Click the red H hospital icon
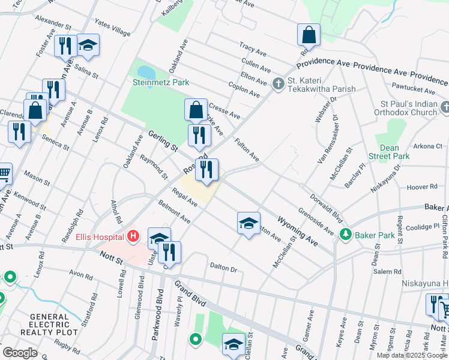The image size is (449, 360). pyautogui.click(x=133, y=236)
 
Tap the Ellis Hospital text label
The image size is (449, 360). pyautogui.click(x=99, y=236)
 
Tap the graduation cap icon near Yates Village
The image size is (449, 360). pyautogui.click(x=88, y=46)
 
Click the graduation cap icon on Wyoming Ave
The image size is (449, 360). pyautogui.click(x=249, y=223)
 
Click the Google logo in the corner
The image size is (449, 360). pyautogui.click(x=20, y=353)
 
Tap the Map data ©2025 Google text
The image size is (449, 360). pyautogui.click(x=412, y=355)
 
